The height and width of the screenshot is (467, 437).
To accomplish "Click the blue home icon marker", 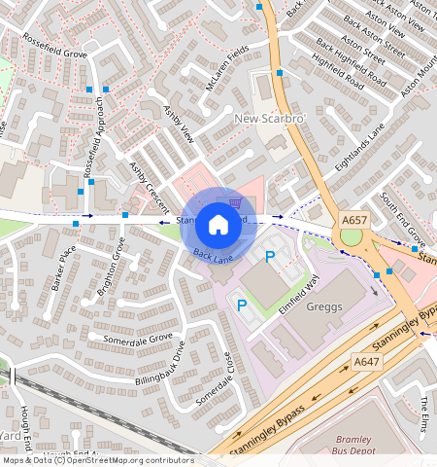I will click(x=218, y=225).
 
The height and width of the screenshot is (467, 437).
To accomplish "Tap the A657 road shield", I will click(x=353, y=222).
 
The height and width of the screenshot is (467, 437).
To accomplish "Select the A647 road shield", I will click(x=366, y=362).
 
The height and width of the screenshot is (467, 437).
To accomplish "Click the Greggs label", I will click(x=324, y=306).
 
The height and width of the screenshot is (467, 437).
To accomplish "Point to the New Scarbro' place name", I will click(x=271, y=119).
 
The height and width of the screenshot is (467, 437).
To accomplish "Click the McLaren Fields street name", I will click(x=226, y=66).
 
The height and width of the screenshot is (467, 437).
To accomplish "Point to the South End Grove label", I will click(x=402, y=219).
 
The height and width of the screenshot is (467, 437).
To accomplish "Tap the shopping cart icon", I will click(x=236, y=202).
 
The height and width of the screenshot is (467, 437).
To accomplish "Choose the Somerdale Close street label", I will click(x=216, y=377).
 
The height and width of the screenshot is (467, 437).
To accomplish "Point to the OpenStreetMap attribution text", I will click(x=97, y=460).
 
